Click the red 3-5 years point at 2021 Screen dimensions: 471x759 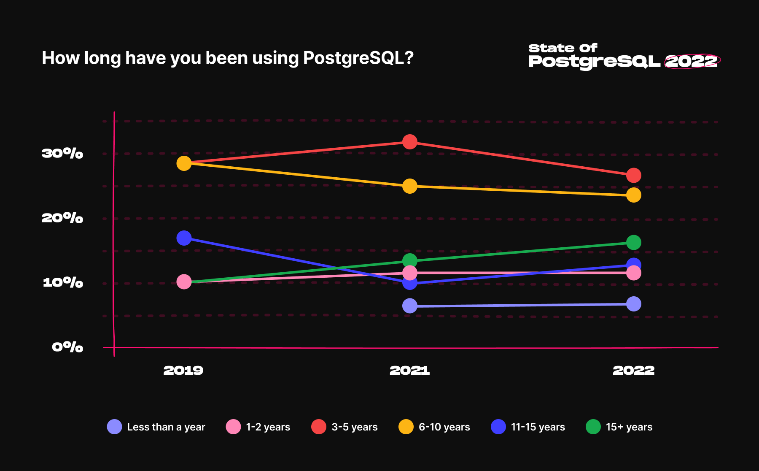409,142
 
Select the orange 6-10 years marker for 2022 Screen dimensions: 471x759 633,195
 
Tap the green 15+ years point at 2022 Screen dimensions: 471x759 633,242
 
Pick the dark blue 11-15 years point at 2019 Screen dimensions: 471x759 184,238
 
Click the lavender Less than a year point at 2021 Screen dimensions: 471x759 409,306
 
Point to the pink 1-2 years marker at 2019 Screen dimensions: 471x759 184,282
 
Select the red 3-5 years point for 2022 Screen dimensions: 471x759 633,175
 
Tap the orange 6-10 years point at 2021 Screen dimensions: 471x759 409,186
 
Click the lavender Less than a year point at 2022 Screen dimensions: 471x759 633,304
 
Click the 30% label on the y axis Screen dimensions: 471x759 62,153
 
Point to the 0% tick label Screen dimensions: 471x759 67,347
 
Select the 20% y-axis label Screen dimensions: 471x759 62,218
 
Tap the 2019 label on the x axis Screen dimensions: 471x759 183,371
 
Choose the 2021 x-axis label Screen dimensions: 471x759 409,371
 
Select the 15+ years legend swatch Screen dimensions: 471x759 593,427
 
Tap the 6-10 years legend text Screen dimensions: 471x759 444,427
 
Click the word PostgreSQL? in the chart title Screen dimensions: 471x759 358,58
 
